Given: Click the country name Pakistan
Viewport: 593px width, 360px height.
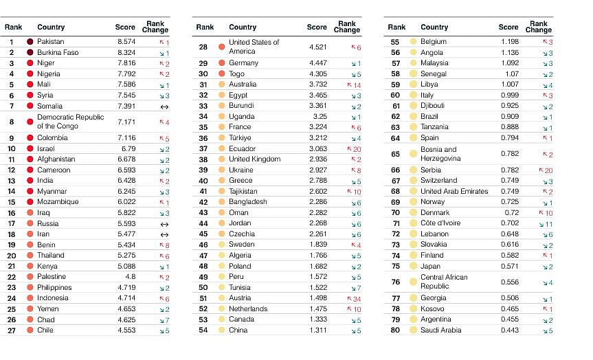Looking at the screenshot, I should tap(50, 42).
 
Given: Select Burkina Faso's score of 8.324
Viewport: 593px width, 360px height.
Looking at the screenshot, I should tap(126, 52).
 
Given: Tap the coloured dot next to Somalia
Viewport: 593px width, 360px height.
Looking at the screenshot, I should tap(30, 106).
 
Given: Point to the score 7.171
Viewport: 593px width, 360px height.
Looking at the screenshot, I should tap(126, 122).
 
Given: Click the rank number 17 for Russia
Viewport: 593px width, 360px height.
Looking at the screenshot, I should tap(12, 223).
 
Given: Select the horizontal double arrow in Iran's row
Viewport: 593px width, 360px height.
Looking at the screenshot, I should tap(164, 234).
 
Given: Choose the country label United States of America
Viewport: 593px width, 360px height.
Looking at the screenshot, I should tap(254, 47).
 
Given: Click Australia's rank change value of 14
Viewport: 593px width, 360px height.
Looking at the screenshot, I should tap(357, 85).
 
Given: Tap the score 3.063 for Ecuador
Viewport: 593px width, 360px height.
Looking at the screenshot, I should tap(317, 148).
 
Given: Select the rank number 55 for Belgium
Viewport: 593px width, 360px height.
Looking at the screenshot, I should tap(395, 42).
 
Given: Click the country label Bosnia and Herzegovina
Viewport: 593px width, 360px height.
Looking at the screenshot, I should tap(439, 154).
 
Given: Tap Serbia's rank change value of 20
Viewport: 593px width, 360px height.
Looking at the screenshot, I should tap(548, 170).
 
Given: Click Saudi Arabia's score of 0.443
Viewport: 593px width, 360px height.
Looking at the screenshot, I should tap(509, 330).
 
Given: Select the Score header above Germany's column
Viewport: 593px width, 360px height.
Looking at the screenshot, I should tap(317, 27).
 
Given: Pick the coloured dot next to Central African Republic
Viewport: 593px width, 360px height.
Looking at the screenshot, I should tap(414, 282).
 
